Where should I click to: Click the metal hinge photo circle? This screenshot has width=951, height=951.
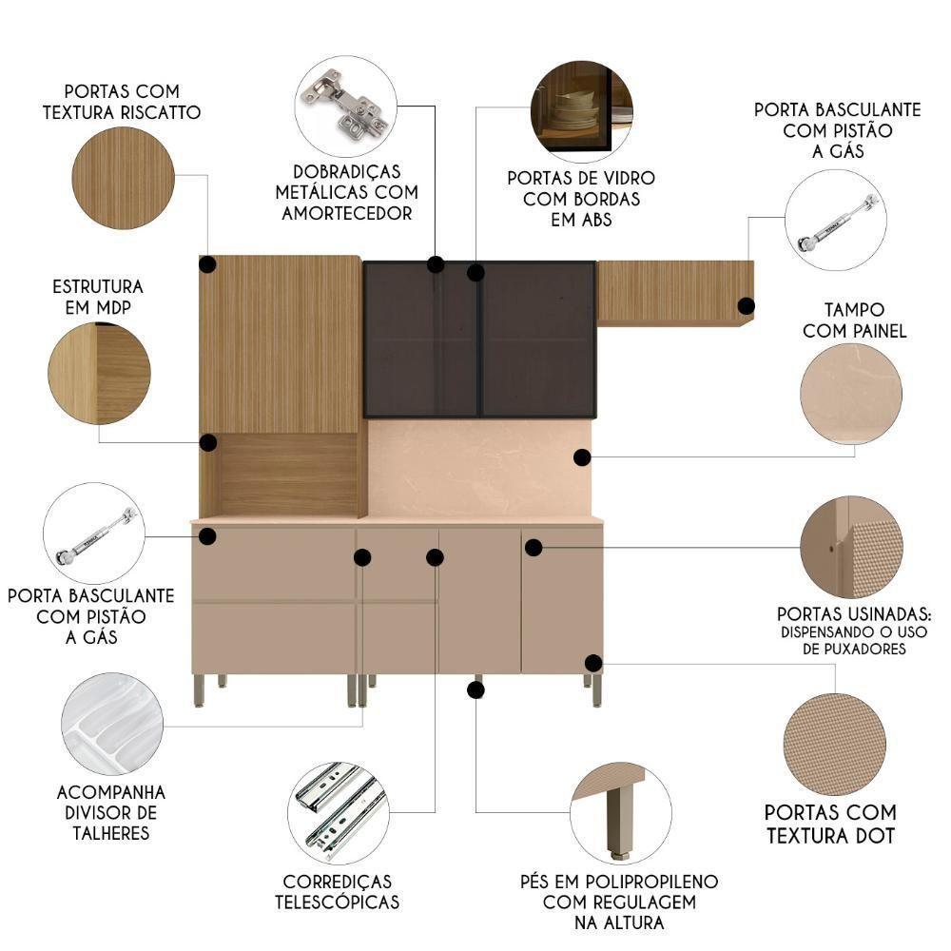click(346, 107)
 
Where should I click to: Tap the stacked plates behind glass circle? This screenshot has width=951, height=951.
click(582, 111)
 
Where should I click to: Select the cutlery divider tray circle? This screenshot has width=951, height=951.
click(112, 724)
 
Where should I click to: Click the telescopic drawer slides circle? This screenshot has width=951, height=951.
click(339, 813)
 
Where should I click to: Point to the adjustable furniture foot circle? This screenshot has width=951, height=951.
click(621, 813)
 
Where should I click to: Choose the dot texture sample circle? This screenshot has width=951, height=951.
click(835, 745)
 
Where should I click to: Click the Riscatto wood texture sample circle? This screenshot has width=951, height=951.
click(123, 179)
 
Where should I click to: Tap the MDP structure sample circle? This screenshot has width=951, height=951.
click(100, 374)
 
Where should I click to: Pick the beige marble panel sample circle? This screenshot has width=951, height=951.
click(851, 395)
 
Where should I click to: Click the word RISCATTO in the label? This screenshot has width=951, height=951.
click(161, 113)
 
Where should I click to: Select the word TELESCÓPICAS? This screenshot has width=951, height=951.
click(338, 902)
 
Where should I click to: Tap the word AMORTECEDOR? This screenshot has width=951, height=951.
click(347, 213)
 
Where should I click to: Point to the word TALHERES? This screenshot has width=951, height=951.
click(111, 833)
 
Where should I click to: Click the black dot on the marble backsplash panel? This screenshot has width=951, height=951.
click(582, 457)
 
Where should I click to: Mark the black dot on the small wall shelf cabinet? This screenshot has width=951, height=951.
click(746, 305)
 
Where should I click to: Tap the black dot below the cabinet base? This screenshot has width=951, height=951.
click(475, 689)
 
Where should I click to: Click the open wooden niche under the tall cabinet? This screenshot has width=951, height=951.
click(289, 475)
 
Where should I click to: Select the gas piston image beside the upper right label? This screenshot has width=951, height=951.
click(836, 221)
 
